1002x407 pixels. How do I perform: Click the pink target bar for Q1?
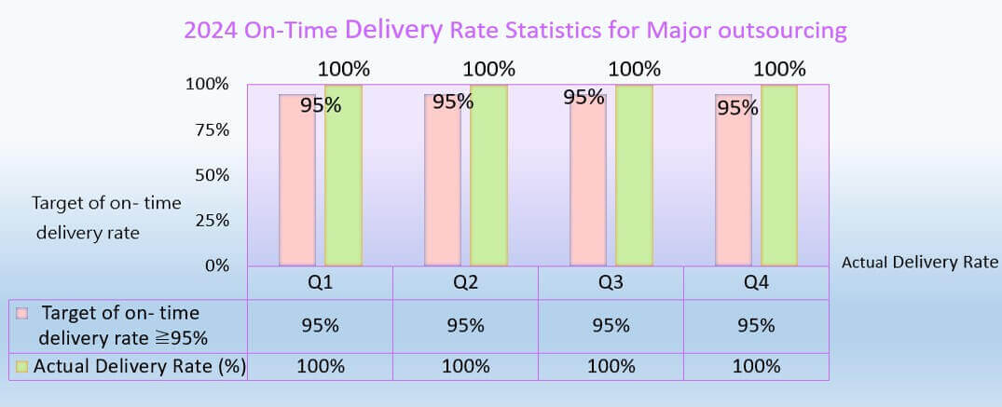click(x=298, y=186)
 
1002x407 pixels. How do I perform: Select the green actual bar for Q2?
click(x=488, y=177)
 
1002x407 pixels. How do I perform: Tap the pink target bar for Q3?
click(x=588, y=186)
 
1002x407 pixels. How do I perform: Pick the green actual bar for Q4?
click(x=779, y=177)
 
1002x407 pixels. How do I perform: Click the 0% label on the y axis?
click(x=216, y=265)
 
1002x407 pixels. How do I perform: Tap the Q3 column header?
click(x=611, y=283)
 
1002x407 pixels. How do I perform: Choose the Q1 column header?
click(x=320, y=283)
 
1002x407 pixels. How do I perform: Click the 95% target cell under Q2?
click(x=465, y=326)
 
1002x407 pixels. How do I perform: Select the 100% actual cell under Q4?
click(x=756, y=366)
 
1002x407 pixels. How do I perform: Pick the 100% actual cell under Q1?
click(x=320, y=366)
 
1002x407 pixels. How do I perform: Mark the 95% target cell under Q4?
click(x=756, y=326)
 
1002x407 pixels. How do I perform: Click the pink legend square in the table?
click(x=22, y=314)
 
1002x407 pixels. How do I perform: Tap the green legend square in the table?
click(x=22, y=367)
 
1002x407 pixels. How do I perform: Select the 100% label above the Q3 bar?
click(x=634, y=68)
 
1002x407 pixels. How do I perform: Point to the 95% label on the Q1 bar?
click(x=320, y=105)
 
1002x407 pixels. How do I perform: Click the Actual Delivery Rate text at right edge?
click(x=920, y=263)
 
